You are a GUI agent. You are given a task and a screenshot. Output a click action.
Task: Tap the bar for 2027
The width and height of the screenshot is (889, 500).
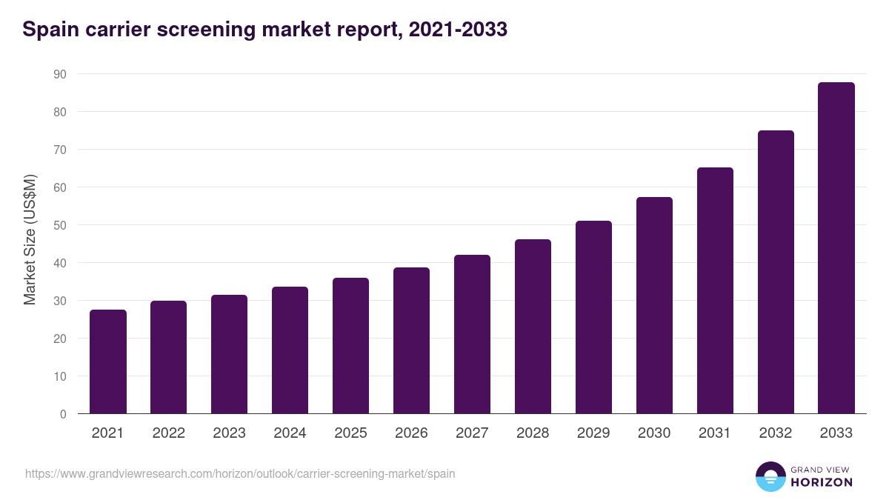(x=472, y=334)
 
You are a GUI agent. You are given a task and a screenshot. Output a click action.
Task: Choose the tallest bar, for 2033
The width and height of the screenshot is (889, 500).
(x=836, y=248)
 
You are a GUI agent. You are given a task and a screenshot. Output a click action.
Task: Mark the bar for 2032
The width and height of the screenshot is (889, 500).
(x=776, y=272)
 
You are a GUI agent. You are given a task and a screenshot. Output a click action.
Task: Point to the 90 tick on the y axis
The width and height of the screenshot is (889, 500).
(x=59, y=74)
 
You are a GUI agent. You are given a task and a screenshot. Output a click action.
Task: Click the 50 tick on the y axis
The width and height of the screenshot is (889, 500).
(x=59, y=225)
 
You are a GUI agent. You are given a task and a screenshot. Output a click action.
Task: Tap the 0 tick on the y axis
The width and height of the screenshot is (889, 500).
(x=63, y=414)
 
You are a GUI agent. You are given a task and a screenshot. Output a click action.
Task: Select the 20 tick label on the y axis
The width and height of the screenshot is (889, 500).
(x=59, y=339)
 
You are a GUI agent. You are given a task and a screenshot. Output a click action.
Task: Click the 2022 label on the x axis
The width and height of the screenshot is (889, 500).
(x=169, y=433)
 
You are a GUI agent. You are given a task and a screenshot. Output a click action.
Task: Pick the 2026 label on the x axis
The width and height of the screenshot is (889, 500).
(x=411, y=433)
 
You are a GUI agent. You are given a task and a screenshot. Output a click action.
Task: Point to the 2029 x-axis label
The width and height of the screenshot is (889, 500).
(x=593, y=433)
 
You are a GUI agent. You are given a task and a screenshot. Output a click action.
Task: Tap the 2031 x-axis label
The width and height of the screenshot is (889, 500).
(x=715, y=433)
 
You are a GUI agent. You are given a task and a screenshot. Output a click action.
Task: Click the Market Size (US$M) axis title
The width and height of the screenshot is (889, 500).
(x=30, y=239)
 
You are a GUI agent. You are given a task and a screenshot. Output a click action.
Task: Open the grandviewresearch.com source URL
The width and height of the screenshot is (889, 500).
(x=240, y=473)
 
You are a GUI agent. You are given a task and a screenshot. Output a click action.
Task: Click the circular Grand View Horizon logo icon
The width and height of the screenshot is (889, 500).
(x=770, y=476)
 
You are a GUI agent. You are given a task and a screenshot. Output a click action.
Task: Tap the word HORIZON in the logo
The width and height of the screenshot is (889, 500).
(x=822, y=482)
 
